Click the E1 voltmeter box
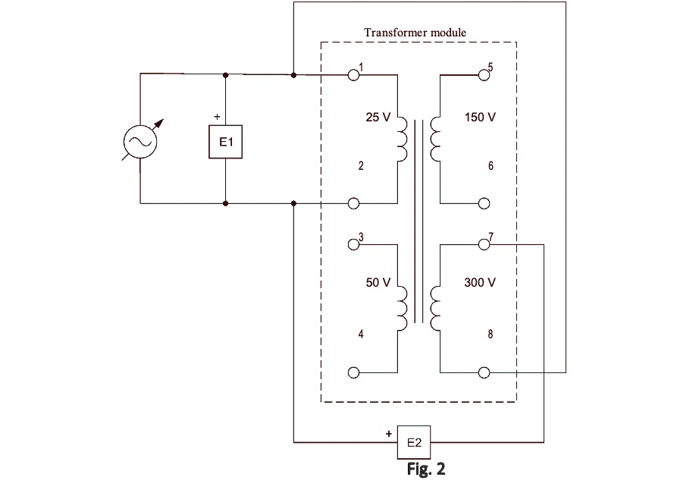tap(226, 141)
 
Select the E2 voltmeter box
tap(414, 442)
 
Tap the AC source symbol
tap(140, 140)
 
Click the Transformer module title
tap(415, 33)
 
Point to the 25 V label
tap(378, 118)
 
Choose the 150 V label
tap(480, 118)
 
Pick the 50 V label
tap(378, 283)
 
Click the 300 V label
tap(480, 283)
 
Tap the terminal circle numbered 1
tap(353, 75)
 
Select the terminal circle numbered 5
tap(484, 75)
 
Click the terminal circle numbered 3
tap(353, 245)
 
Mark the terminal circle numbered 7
tap(484, 244)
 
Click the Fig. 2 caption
tap(425, 469)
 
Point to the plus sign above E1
tap(218, 118)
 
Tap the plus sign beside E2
tap(389, 435)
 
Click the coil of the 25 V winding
tap(402, 140)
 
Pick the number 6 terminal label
tap(491, 166)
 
